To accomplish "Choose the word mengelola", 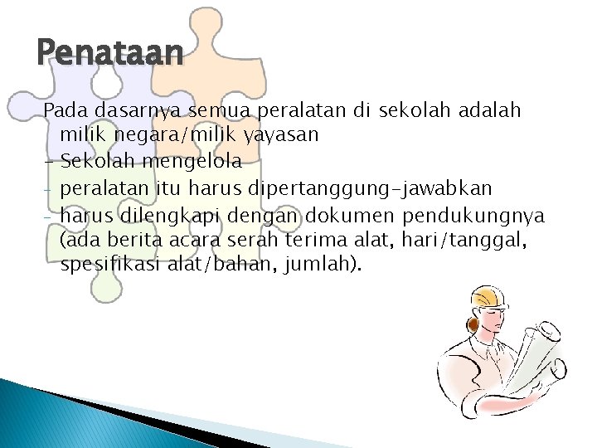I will click(195, 158).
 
